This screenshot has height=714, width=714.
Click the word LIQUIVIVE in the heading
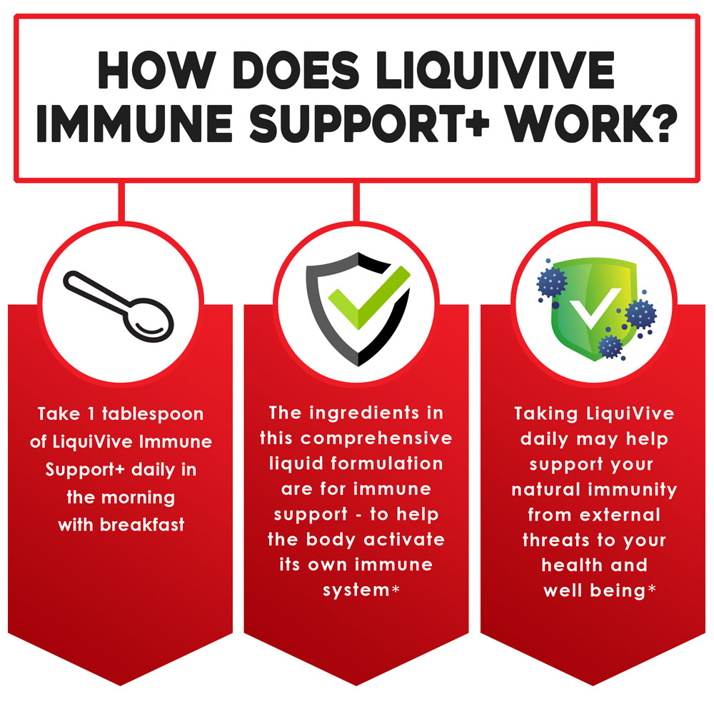coord(495,70)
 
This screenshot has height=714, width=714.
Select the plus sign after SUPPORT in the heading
coord(477,122)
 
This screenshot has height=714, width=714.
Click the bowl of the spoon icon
coord(149,320)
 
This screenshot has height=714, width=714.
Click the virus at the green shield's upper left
coord(552,282)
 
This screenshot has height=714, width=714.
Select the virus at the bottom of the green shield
coord(610,347)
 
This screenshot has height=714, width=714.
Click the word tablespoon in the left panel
coord(153,414)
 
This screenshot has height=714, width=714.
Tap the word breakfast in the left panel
coord(142,525)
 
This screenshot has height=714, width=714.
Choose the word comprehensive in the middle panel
coord(376,439)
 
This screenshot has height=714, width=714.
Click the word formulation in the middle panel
coord(386,463)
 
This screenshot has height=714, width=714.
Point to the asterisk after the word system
coord(396,589)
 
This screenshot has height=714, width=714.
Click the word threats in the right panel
coord(556,540)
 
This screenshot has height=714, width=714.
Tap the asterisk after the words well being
coord(652,589)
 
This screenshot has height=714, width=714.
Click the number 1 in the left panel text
coord(91,414)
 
